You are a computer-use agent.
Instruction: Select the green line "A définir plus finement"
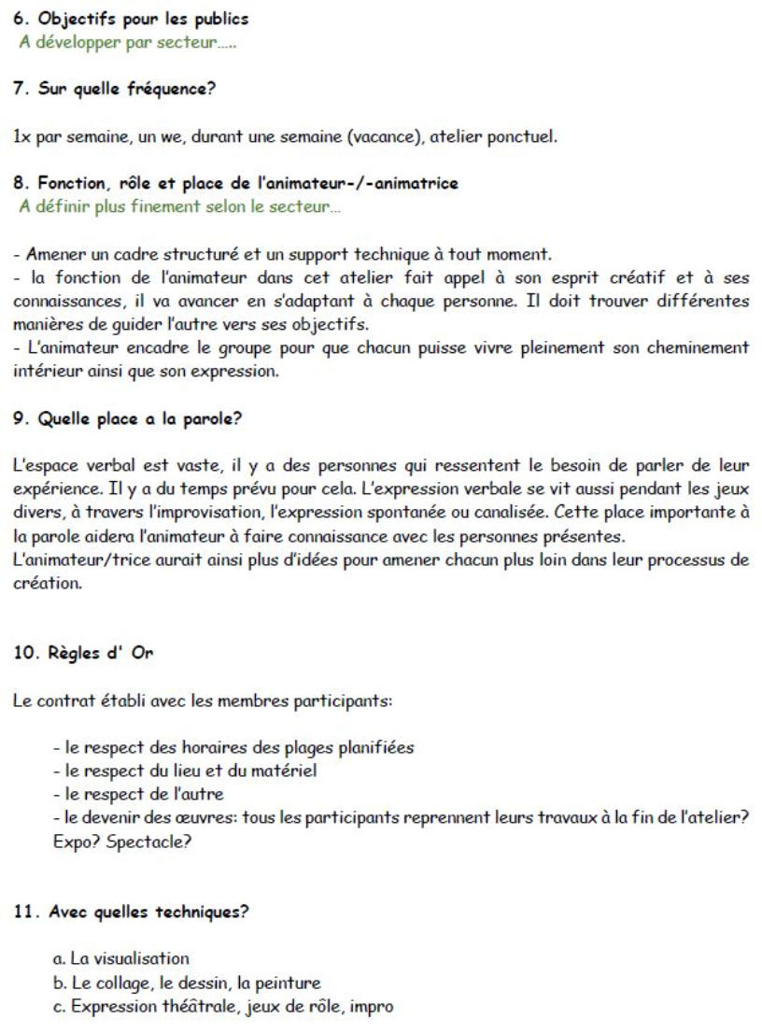[168, 205]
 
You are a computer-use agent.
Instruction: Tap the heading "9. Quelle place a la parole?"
[128, 419]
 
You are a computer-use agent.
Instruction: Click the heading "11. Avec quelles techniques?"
[131, 912]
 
